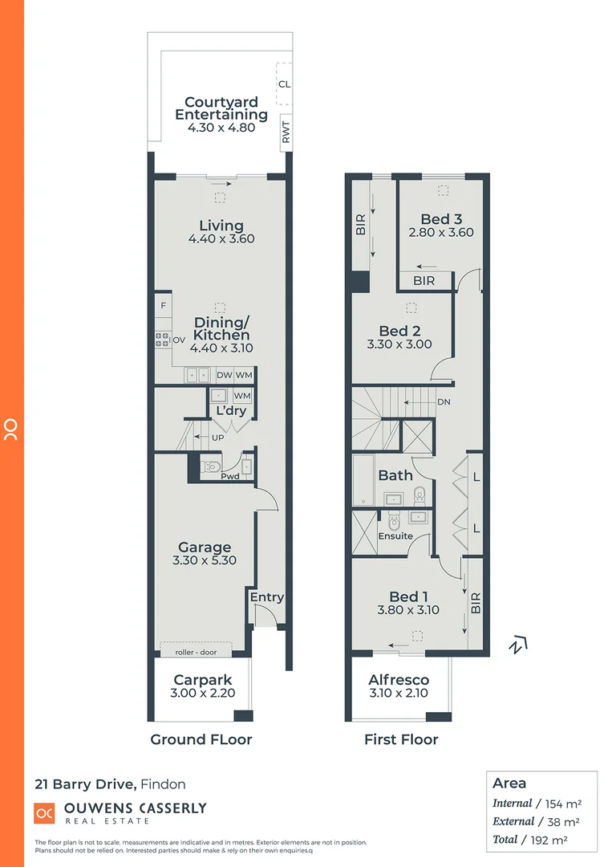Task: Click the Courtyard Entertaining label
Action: [221, 108]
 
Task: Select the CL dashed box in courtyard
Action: [284, 83]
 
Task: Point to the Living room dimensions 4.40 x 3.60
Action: [221, 239]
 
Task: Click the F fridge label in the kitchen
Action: [164, 306]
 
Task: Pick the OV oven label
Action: [179, 340]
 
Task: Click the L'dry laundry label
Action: [231, 411]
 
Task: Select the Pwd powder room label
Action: [231, 475]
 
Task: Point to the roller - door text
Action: [197, 652]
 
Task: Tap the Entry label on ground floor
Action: [266, 597]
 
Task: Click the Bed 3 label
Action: [441, 219]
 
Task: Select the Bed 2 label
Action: [399, 331]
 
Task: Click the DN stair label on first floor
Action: [444, 402]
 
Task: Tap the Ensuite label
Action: [395, 535]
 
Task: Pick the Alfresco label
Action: [399, 680]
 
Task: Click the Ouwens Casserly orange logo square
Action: [44, 813]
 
